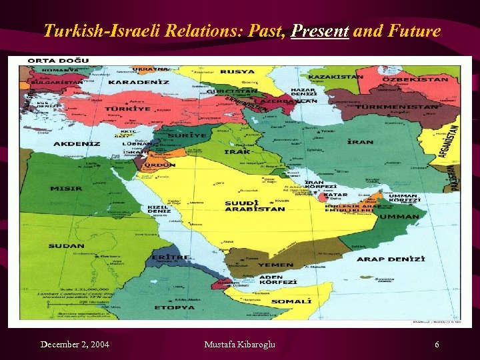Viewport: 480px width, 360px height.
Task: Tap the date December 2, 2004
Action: (x=75, y=344)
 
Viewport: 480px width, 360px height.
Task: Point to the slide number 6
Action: (x=437, y=344)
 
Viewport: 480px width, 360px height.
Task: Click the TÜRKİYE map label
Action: (x=127, y=108)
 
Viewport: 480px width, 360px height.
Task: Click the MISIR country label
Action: (x=66, y=188)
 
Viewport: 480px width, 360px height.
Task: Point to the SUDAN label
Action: (x=66, y=246)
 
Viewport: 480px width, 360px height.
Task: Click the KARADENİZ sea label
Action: (x=139, y=82)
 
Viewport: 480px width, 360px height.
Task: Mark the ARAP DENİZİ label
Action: (x=390, y=258)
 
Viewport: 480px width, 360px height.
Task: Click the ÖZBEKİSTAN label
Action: (x=415, y=79)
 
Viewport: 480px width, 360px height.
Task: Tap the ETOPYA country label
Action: (x=175, y=307)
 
